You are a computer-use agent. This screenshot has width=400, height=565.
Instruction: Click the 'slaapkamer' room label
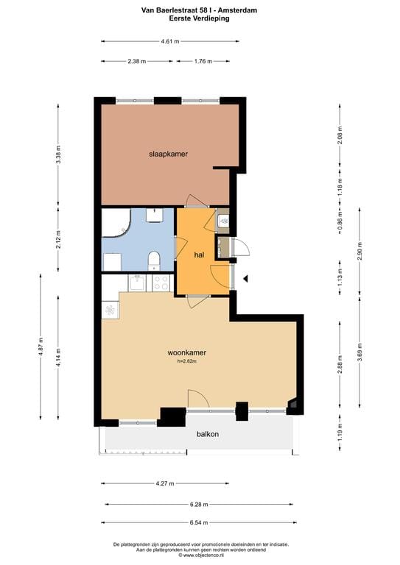(x=168, y=154)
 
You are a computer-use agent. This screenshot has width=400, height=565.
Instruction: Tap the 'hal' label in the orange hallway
(x=198, y=255)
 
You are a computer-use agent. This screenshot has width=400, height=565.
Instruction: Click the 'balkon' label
(x=207, y=434)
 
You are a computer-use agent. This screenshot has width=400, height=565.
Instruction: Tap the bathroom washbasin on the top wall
(x=155, y=214)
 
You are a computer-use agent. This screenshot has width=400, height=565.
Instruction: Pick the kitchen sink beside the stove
(x=136, y=281)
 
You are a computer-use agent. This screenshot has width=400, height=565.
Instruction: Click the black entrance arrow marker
(x=247, y=279)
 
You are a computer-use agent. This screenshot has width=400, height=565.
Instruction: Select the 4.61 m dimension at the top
(x=169, y=42)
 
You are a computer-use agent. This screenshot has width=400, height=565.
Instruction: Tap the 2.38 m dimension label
(x=137, y=62)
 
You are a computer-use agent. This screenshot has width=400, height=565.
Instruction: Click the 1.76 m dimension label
(x=204, y=62)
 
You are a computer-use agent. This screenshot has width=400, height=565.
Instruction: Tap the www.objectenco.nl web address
(x=200, y=555)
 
